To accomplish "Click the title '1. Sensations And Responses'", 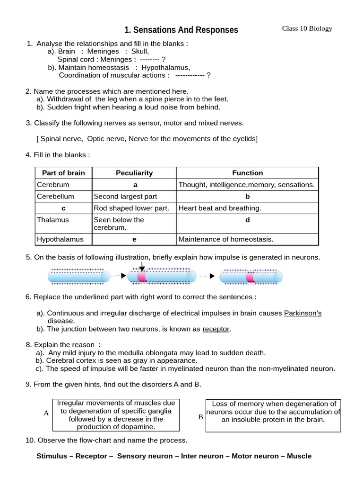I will coord(181,30).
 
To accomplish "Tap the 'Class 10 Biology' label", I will coord(307,28).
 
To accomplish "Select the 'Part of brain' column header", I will coord(63,173).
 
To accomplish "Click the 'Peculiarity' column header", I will coord(134,173).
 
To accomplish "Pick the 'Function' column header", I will coord(247,173).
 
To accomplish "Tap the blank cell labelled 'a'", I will coord(134,185).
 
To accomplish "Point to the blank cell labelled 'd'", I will coord(247,220).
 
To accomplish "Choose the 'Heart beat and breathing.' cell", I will coord(220,208).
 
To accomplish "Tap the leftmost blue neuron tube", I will coord(78,276).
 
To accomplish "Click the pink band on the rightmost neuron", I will coord(250,277).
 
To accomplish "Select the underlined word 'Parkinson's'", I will coord(302,313).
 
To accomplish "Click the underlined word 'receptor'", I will coord(216,329).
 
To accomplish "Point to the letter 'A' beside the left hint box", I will coord(46,413).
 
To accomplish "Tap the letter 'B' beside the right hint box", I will coord(200,417).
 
